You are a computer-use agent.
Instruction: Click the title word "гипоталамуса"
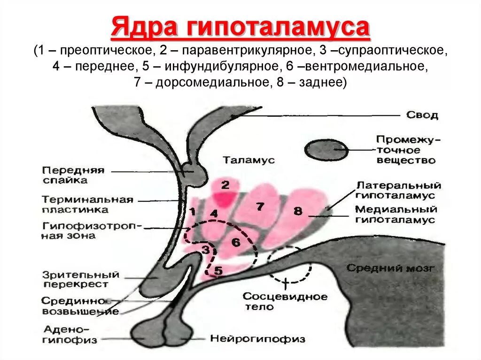273,28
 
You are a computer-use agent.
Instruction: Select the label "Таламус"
248,160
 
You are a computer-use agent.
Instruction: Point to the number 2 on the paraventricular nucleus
225,185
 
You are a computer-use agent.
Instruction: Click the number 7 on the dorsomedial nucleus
259,206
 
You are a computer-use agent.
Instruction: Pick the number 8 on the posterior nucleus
298,211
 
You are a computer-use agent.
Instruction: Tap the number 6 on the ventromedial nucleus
236,242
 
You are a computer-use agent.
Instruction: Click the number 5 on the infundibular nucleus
218,270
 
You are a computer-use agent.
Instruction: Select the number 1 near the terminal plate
192,212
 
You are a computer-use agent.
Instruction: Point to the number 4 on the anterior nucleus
214,214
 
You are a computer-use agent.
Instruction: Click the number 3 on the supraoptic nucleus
205,249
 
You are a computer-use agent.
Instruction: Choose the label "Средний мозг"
391,268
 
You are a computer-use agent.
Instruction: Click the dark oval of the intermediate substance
327,150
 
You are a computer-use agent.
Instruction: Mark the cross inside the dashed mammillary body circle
286,282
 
